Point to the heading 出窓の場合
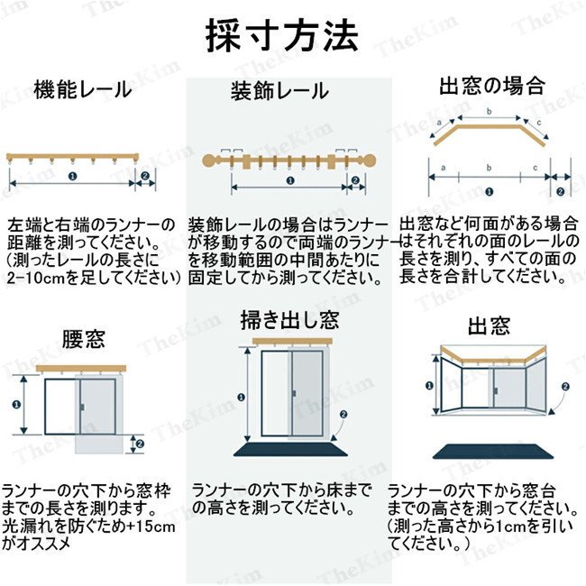(x=491, y=87)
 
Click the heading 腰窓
(x=83, y=339)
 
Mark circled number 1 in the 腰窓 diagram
(x=19, y=405)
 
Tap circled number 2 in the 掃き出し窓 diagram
(x=343, y=414)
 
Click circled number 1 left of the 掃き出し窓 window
(x=238, y=397)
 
